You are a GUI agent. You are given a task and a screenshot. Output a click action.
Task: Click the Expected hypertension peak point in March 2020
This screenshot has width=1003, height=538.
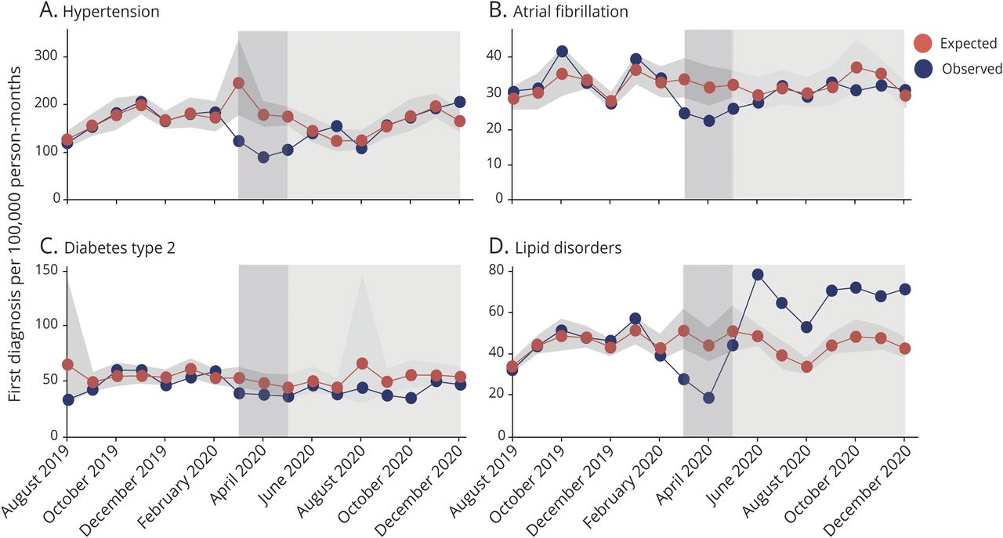(239, 83)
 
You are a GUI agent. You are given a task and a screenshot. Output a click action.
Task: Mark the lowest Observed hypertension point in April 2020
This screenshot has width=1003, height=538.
(263, 157)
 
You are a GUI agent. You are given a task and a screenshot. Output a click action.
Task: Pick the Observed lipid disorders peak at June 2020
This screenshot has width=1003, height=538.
(758, 274)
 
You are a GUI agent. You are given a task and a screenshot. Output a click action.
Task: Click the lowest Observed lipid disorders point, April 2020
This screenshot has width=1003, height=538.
(708, 398)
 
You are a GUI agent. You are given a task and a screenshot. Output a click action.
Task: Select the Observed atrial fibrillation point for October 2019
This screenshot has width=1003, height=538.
(562, 52)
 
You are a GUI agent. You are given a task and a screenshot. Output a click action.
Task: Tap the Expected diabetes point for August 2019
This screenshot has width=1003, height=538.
(67, 365)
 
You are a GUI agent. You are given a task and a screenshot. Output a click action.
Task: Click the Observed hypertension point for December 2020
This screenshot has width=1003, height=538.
(459, 102)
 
